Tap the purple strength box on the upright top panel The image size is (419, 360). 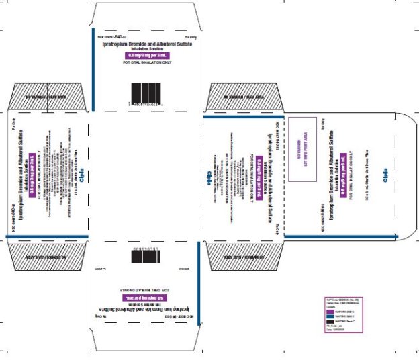(145, 56)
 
